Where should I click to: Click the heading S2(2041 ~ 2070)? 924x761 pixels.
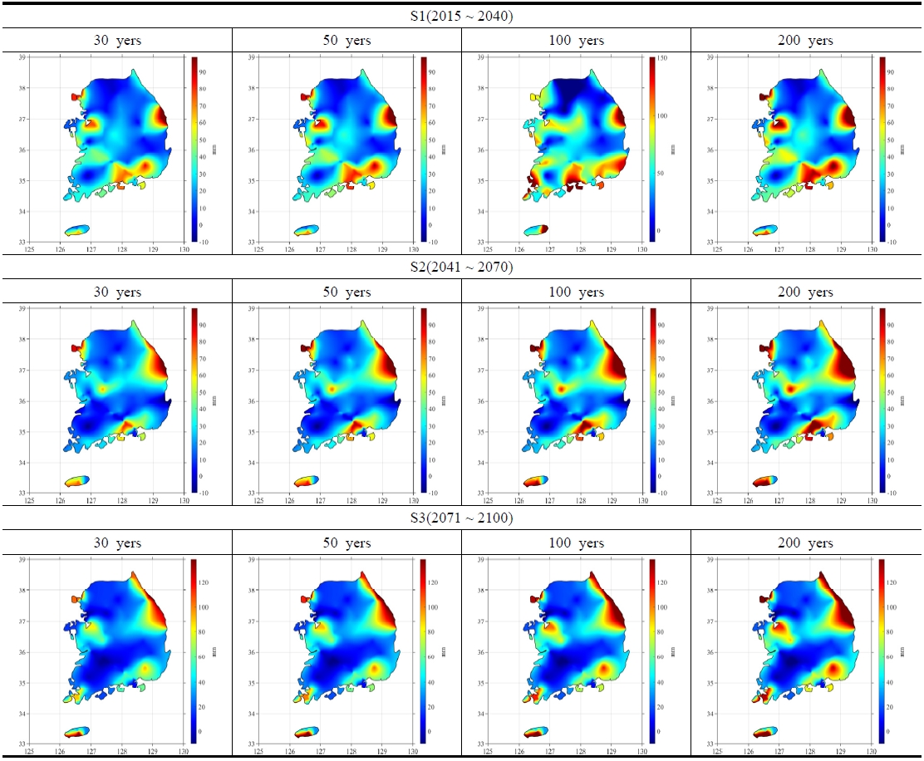tap(461, 268)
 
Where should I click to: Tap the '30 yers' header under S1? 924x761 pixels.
tap(116, 40)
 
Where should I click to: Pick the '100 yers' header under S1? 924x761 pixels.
tap(575, 40)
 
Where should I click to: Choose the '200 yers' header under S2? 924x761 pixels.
tap(805, 292)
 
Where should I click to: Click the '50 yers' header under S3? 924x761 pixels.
tap(346, 543)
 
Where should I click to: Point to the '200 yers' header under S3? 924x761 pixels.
tap(805, 543)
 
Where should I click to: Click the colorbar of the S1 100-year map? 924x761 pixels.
tap(653, 150)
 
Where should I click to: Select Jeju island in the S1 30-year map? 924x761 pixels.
tap(76, 229)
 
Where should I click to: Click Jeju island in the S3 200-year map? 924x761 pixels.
tap(764, 732)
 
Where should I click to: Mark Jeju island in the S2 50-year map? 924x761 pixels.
tap(306, 481)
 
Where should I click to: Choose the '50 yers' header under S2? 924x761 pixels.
tap(346, 292)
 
